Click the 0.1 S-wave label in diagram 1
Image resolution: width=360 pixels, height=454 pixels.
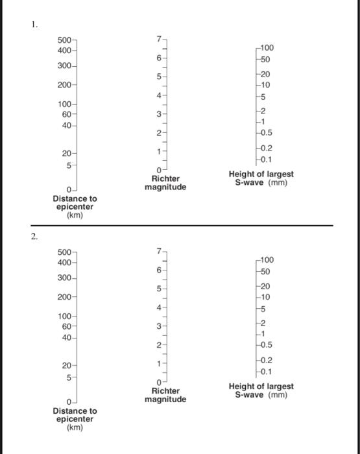265,159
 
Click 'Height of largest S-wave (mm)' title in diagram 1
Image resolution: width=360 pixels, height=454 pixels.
261,178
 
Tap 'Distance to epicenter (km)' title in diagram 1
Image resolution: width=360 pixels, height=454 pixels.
75,206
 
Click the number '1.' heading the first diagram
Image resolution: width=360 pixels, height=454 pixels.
34,25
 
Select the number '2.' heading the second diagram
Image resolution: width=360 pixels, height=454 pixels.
34,237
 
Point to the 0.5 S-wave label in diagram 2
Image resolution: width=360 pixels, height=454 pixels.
265,344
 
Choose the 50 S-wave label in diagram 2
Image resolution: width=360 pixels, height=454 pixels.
265,272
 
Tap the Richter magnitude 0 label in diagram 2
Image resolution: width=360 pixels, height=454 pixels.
158,382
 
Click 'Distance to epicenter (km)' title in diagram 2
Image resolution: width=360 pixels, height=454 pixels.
75,419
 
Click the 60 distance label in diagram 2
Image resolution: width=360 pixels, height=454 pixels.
66,327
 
